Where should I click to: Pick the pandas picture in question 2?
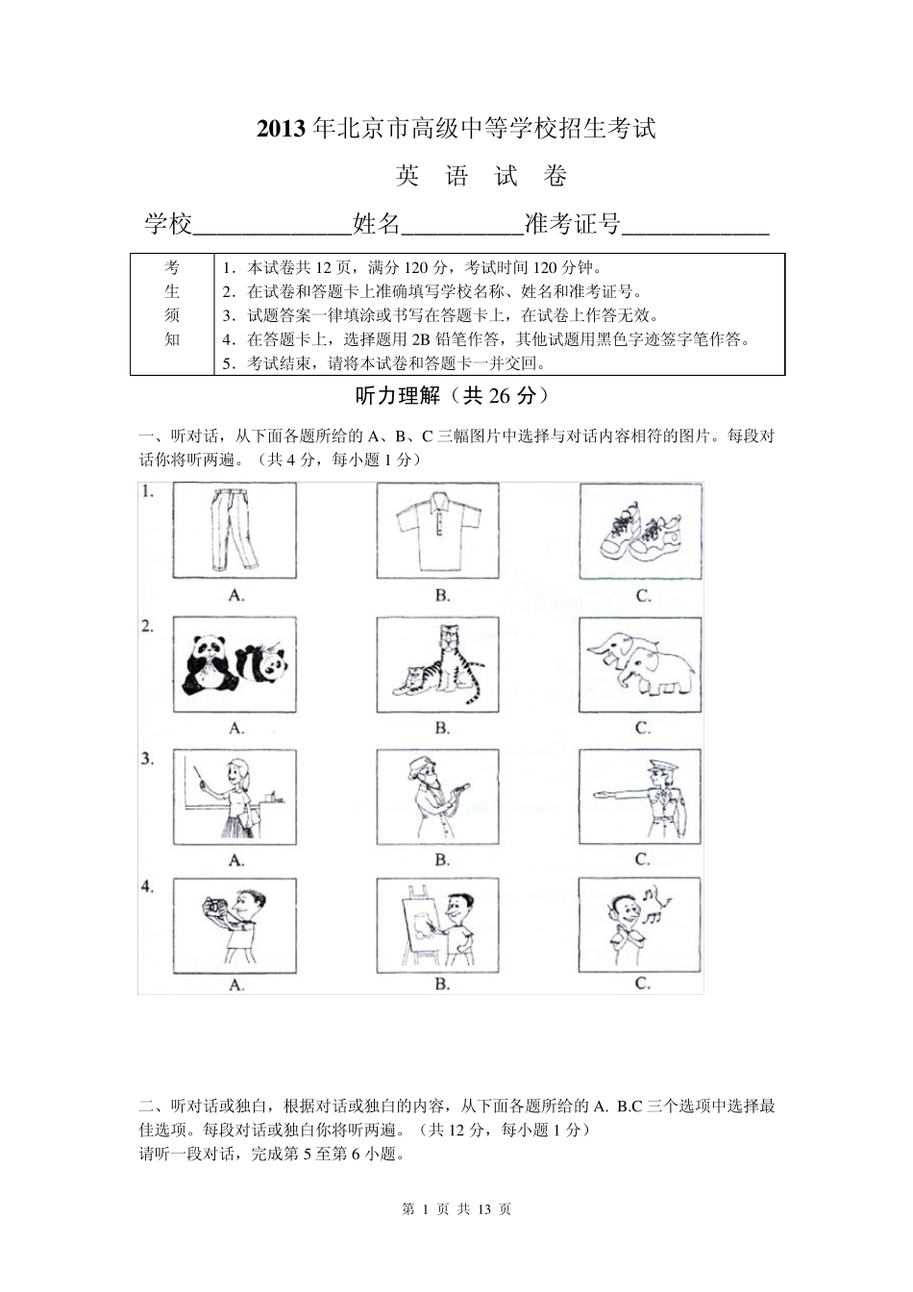tap(235, 664)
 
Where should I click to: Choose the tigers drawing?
tap(438, 664)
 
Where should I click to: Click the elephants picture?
tap(641, 664)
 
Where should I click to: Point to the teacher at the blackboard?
tap(235, 797)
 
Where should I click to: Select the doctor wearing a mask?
tap(438, 797)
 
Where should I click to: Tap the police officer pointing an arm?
tap(641, 797)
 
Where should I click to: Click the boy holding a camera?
tap(235, 924)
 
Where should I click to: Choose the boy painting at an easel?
tap(438, 924)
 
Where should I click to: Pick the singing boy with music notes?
tap(641, 924)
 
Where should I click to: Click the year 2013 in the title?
tap(281, 129)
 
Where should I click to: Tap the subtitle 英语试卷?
tap(481, 176)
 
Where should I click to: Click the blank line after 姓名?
tap(460, 227)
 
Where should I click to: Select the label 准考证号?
tap(572, 225)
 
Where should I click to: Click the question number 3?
tap(147, 758)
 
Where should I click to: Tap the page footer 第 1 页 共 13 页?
tap(456, 1209)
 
